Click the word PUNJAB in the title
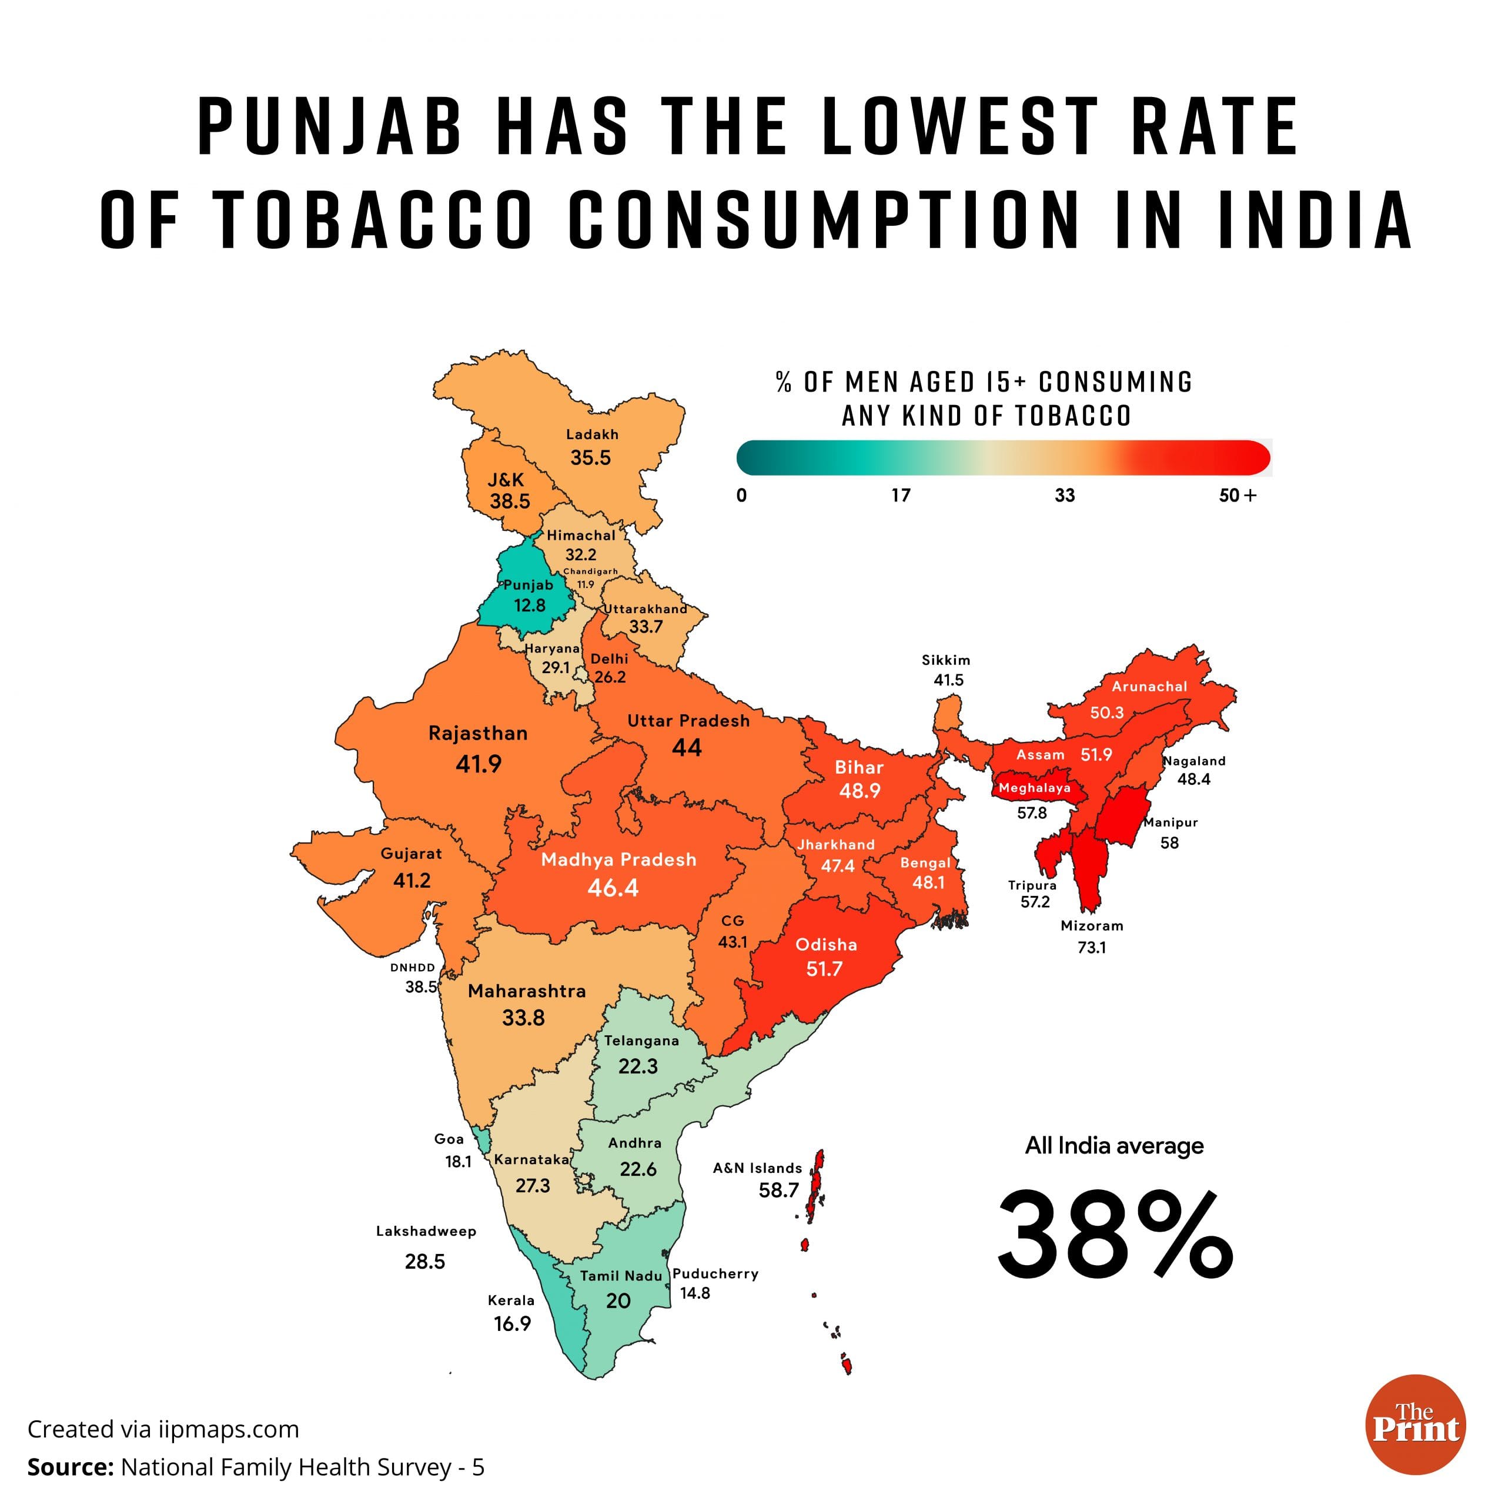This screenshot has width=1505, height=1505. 330,126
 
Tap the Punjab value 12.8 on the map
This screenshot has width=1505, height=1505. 530,606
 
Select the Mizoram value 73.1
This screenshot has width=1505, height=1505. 1091,947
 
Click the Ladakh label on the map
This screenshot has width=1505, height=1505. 592,434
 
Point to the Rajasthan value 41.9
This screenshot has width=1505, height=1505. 479,764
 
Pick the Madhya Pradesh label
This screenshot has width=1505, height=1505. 618,860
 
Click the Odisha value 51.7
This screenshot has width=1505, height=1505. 824,969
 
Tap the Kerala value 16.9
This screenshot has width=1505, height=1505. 513,1323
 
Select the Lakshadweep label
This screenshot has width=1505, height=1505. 426,1232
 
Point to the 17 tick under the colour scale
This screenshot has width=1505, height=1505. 901,496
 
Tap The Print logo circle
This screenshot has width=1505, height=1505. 1416,1425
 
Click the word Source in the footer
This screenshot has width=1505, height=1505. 70,1467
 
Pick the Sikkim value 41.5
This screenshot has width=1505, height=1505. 949,680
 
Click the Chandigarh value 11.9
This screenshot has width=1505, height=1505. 586,584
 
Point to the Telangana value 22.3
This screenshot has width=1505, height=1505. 638,1066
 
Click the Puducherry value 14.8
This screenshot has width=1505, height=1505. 695,1293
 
